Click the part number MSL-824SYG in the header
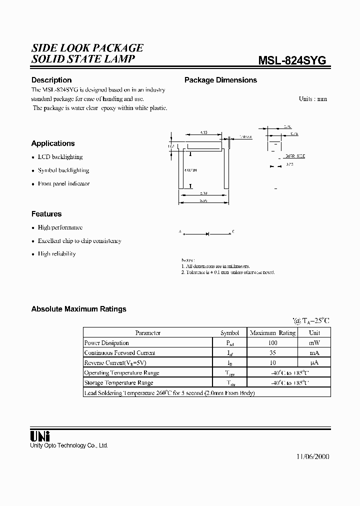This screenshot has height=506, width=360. click(x=292, y=60)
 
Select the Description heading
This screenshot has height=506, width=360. click(x=51, y=80)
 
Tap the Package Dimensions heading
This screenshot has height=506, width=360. click(x=220, y=80)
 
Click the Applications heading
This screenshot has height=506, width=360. click(x=53, y=143)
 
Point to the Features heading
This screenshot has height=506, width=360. click(x=46, y=214)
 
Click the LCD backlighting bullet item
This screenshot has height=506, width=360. click(x=60, y=157)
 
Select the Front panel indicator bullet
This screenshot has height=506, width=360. click(x=63, y=184)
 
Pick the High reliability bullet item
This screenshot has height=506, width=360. click(x=56, y=254)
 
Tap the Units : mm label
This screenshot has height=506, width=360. click(x=312, y=99)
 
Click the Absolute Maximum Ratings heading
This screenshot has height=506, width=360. click(x=79, y=309)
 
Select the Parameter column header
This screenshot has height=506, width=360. click(x=148, y=332)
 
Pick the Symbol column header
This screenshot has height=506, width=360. click(x=230, y=332)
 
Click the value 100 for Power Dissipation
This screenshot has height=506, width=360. click(x=272, y=343)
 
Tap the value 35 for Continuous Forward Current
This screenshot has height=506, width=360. click(x=272, y=353)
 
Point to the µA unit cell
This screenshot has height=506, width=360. click(x=314, y=363)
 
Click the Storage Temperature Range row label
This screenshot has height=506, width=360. click(x=118, y=383)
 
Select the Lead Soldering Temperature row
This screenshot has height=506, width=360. click(x=169, y=393)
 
